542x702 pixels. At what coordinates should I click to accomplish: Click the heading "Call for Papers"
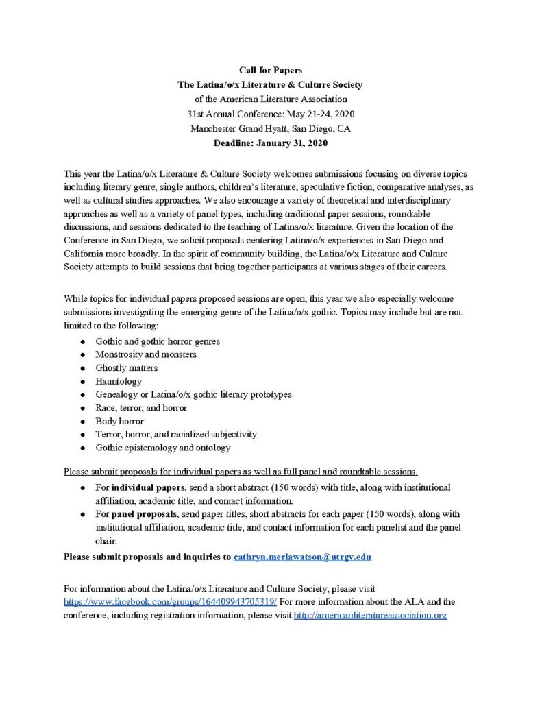click(270, 70)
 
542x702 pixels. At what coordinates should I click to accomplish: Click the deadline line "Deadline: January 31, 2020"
click(270, 143)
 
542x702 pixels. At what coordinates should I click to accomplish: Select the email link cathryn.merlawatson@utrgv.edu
click(302, 557)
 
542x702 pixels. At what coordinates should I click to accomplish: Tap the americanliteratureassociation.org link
click(370, 615)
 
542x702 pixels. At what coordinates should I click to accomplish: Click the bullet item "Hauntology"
click(119, 380)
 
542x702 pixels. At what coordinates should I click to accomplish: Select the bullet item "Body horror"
click(120, 421)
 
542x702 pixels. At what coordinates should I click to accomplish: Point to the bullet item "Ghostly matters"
click(127, 367)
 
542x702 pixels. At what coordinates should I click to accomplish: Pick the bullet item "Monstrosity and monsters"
click(146, 354)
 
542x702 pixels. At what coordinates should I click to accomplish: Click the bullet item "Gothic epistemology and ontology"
click(163, 448)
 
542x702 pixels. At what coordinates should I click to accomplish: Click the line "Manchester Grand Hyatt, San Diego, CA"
click(270, 128)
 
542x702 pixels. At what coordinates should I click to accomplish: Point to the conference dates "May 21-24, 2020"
click(317, 114)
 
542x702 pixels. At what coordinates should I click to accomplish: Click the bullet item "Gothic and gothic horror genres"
click(158, 341)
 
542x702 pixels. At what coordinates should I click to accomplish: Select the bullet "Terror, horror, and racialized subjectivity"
click(176, 434)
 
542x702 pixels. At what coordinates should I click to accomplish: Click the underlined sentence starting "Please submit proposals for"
click(241, 472)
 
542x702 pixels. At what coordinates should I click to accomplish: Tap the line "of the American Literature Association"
click(270, 99)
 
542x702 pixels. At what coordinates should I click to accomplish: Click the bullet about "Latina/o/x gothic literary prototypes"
click(193, 394)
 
